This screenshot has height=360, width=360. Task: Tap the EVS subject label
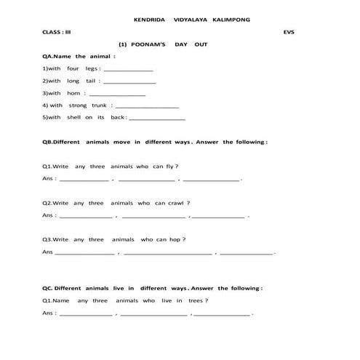(x=289, y=32)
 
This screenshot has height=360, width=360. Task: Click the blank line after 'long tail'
(x=131, y=82)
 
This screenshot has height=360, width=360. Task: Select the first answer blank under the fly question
(x=84, y=180)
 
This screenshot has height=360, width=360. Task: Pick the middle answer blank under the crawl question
(x=153, y=217)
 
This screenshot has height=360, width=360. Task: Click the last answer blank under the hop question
(x=247, y=254)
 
